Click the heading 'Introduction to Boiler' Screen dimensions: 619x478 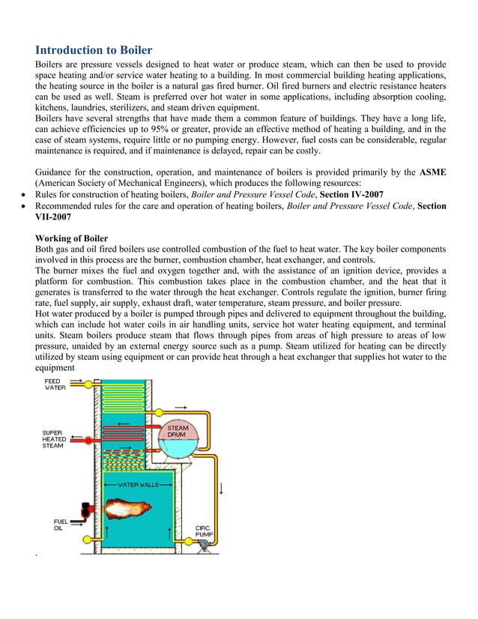(x=94, y=50)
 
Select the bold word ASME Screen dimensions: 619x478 (x=433, y=172)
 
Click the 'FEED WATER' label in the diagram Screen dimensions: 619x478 (x=55, y=384)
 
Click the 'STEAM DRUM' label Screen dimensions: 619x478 (x=178, y=431)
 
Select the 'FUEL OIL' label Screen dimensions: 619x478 (x=62, y=525)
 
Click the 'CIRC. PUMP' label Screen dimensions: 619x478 (x=204, y=531)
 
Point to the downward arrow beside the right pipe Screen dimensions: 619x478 (x=221, y=489)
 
